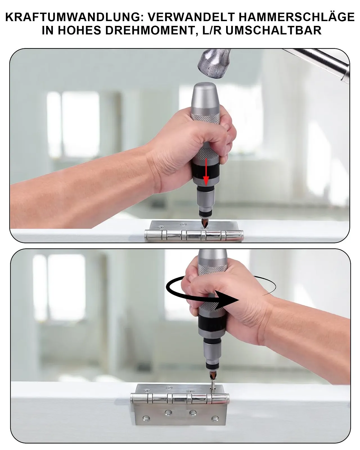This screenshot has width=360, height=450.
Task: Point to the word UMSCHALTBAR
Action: pos(273,30)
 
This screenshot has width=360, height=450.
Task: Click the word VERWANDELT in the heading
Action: pos(191,17)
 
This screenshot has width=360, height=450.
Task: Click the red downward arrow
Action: pos(206,172)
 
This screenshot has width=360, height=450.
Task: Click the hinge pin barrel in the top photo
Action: pos(194,235)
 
